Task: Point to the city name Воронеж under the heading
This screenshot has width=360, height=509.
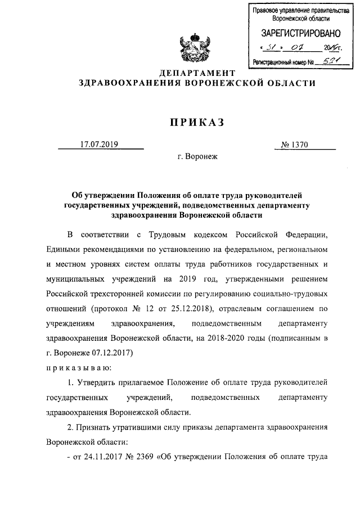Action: [197, 158]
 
